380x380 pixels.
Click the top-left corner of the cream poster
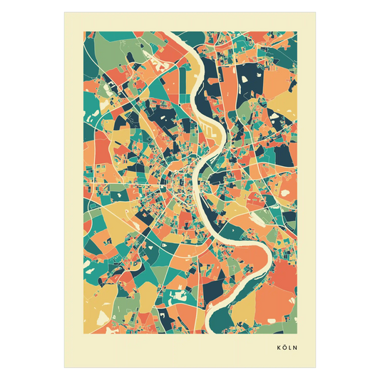point(63,10)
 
